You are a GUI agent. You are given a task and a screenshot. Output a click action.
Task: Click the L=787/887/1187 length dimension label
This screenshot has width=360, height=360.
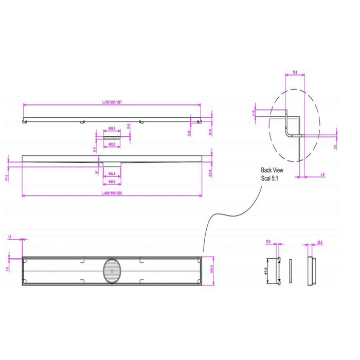[112, 102]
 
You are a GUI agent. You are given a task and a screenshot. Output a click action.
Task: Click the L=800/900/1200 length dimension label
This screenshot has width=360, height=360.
[112, 193]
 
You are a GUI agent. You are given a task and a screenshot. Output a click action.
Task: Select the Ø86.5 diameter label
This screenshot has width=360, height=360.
[112, 129]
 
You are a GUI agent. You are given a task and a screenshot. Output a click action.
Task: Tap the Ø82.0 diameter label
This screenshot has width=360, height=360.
[112, 145]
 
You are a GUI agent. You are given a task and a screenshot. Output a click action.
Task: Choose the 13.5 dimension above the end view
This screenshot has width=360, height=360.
[268, 241]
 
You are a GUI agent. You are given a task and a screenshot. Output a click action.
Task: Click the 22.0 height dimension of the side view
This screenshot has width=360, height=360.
[210, 173]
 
